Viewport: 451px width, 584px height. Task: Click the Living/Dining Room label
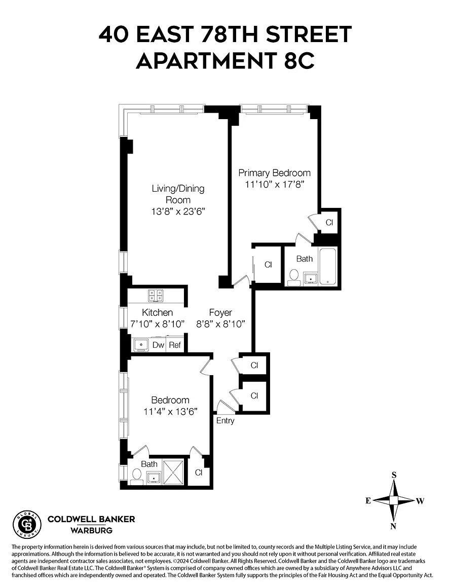point(178,194)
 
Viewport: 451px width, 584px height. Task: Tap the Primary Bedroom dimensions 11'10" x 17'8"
point(274,185)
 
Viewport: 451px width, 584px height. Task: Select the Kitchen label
point(157,312)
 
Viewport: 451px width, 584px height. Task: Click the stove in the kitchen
point(156,295)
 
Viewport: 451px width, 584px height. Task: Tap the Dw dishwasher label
point(158,345)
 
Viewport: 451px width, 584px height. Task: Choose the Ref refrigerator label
point(175,345)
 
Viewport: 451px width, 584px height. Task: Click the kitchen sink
point(139,345)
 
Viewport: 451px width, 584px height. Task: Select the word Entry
point(225,421)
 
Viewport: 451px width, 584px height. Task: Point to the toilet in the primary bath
point(293,277)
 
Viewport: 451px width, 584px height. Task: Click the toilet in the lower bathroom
point(136,476)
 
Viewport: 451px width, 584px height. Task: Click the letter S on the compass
point(394,475)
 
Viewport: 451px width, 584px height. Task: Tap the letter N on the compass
point(393,526)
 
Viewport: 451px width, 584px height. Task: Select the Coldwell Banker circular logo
point(27,525)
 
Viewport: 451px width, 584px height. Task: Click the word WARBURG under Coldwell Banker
point(91,531)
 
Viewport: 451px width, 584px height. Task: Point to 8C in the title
point(296,61)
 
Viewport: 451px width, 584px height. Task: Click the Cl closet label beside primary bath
point(268,265)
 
